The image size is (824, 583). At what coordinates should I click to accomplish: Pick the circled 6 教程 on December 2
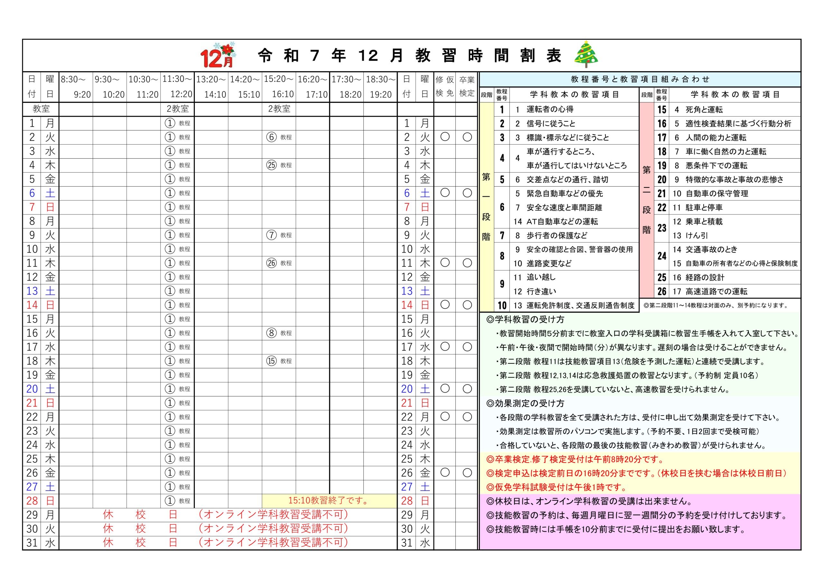point(279,137)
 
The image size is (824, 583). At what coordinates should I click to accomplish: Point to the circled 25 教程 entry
point(279,165)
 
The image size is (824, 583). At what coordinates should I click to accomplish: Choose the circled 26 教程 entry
point(279,263)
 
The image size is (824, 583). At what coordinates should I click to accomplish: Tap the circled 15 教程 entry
point(279,361)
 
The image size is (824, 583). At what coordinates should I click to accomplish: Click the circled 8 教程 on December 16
point(279,333)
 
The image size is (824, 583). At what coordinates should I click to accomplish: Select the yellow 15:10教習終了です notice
point(329,501)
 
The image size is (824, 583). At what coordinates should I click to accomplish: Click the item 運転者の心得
point(550,109)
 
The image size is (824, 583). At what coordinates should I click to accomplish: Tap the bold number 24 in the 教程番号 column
point(662,256)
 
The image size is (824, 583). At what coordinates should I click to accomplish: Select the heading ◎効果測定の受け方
point(525,403)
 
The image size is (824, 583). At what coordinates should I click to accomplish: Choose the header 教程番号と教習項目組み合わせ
point(640,79)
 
